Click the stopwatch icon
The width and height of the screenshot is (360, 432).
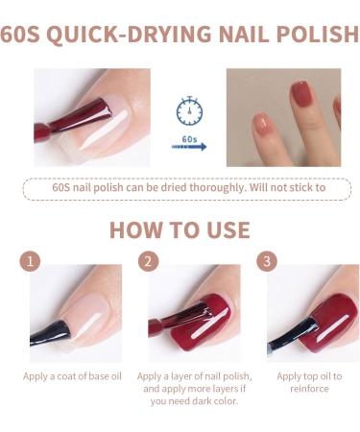(x=189, y=111)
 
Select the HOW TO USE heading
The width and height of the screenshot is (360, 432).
(x=180, y=230)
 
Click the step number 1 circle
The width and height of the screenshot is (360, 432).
(x=31, y=260)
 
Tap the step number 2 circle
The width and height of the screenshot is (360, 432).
(x=147, y=260)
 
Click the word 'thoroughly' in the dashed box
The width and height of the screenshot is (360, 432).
(x=215, y=187)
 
